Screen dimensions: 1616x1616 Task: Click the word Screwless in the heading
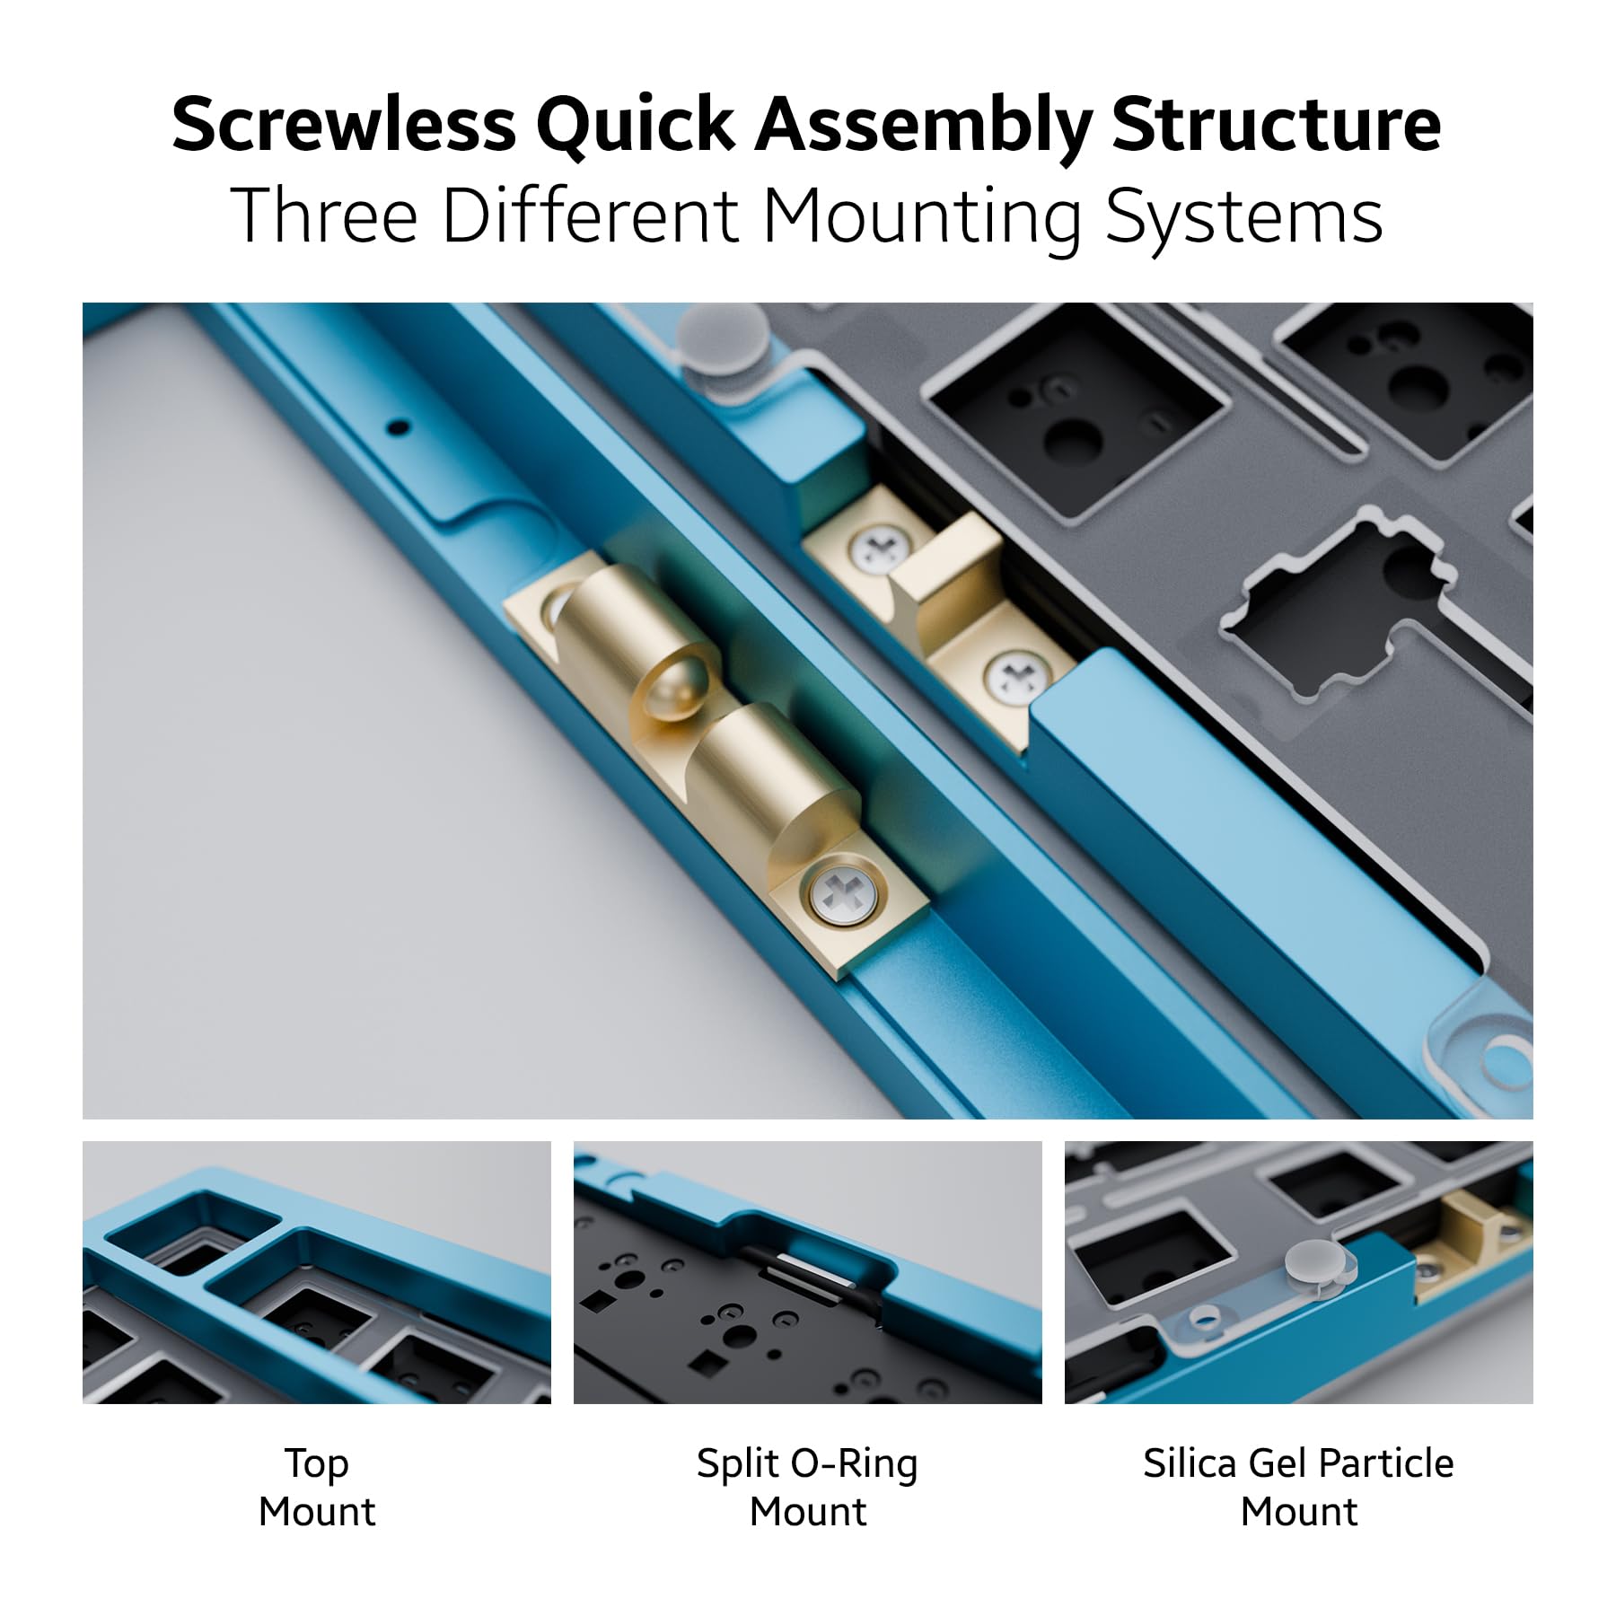click(344, 124)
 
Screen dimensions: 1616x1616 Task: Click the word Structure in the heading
click(1276, 124)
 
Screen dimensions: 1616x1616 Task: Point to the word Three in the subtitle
click(324, 216)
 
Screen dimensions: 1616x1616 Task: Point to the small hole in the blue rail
click(401, 427)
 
